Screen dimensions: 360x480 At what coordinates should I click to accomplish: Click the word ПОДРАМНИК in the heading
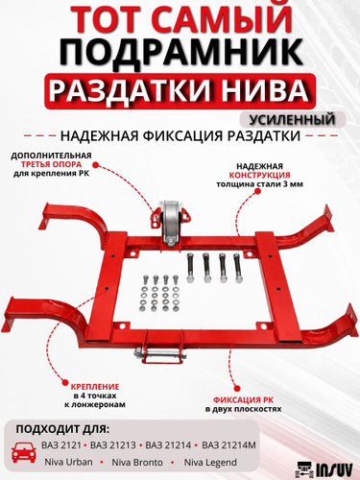pos(181,51)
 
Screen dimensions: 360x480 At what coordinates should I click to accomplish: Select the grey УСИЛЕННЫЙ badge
pos(292,119)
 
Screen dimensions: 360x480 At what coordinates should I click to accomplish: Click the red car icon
pos(23,451)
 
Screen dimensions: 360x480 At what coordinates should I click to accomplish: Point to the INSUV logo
pos(324,470)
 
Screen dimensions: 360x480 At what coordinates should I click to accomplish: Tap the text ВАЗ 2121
pos(61,445)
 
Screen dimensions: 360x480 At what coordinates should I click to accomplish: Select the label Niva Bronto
pos(137,462)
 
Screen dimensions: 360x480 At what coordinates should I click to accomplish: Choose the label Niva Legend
pos(210,462)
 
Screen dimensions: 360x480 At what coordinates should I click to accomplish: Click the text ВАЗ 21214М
pos(228,445)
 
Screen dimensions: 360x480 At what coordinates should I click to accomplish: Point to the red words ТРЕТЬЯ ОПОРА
pos(51,164)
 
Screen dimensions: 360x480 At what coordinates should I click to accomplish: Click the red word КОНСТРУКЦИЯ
pos(259,176)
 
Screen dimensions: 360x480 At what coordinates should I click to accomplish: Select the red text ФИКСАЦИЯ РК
pos(243,400)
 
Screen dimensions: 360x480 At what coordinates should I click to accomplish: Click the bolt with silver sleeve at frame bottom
pos(156,354)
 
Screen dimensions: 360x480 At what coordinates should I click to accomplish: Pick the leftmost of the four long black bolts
pos(190,267)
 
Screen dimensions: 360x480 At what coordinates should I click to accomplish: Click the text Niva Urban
pos(68,462)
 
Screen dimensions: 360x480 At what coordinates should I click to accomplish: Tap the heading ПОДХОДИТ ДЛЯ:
pos(62,429)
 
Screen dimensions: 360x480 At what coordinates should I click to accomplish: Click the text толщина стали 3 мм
pos(259,184)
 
